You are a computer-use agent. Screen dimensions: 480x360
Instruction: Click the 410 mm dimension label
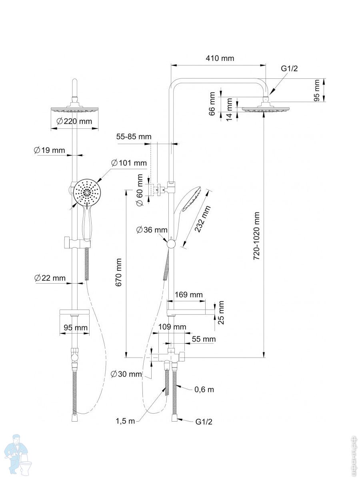pyautogui.click(x=220, y=58)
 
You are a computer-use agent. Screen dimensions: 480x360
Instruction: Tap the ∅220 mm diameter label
pyautogui.click(x=74, y=121)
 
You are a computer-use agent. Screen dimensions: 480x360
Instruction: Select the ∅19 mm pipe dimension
pyautogui.click(x=49, y=150)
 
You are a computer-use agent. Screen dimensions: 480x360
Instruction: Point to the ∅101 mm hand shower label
pyautogui.click(x=129, y=163)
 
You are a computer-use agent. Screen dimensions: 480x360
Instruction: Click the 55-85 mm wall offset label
pyautogui.click(x=134, y=137)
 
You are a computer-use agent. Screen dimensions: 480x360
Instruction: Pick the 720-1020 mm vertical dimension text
pyautogui.click(x=257, y=236)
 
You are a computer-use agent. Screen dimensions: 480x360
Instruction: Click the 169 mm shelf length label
pyautogui.click(x=189, y=295)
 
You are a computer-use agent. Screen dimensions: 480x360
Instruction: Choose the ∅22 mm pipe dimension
pyautogui.click(x=50, y=278)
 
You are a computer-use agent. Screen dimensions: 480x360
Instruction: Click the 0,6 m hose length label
pyautogui.click(x=204, y=389)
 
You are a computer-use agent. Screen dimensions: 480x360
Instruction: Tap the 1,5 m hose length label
pyautogui.click(x=125, y=421)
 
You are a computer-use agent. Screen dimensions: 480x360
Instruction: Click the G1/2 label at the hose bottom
pyautogui.click(x=204, y=422)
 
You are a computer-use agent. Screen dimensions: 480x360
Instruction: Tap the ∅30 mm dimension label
pyautogui.click(x=126, y=374)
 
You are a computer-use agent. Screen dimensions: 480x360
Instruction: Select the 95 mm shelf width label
pyautogui.click(x=76, y=328)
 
